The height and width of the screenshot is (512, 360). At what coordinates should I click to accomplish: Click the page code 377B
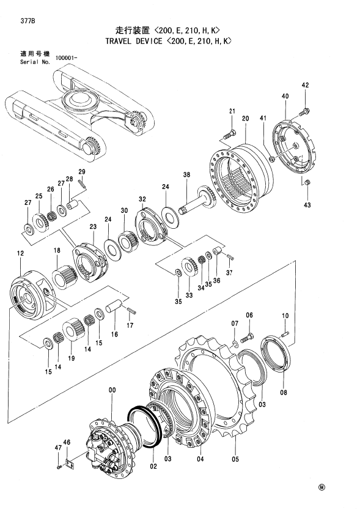tap(29, 21)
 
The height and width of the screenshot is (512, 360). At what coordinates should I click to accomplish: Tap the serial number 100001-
tap(66, 58)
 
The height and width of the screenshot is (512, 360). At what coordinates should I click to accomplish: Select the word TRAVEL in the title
tap(118, 41)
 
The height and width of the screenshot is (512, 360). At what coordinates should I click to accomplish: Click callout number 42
tap(305, 85)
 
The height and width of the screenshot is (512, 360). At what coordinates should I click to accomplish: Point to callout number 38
tap(186, 175)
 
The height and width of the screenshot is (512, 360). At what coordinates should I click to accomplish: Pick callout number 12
tap(20, 253)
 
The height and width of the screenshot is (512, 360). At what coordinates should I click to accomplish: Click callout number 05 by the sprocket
tap(235, 459)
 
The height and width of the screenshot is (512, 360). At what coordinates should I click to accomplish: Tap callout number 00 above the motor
tap(112, 390)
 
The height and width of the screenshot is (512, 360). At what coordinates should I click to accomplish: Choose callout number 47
tap(58, 448)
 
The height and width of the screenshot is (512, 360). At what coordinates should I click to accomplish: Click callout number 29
tap(81, 172)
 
